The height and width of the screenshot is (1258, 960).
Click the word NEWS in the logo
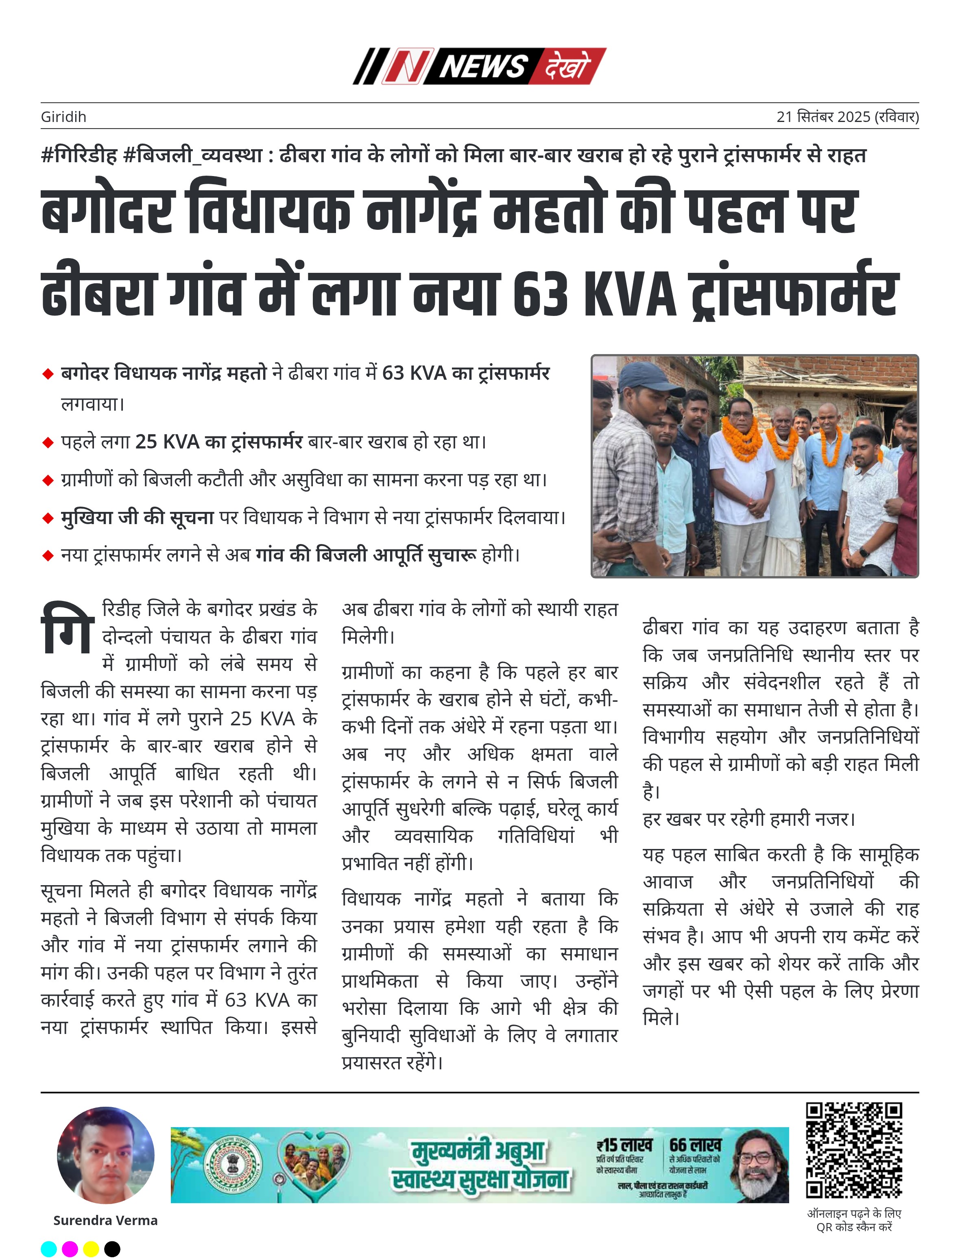point(483,67)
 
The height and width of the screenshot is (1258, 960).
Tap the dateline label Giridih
point(63,117)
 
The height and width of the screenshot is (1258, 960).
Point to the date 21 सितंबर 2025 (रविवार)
point(847,117)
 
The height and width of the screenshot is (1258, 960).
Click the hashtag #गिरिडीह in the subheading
point(79,155)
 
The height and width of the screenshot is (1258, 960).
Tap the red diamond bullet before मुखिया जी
point(48,518)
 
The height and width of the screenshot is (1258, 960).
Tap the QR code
point(854,1150)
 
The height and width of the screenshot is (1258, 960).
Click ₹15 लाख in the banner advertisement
point(624,1145)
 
